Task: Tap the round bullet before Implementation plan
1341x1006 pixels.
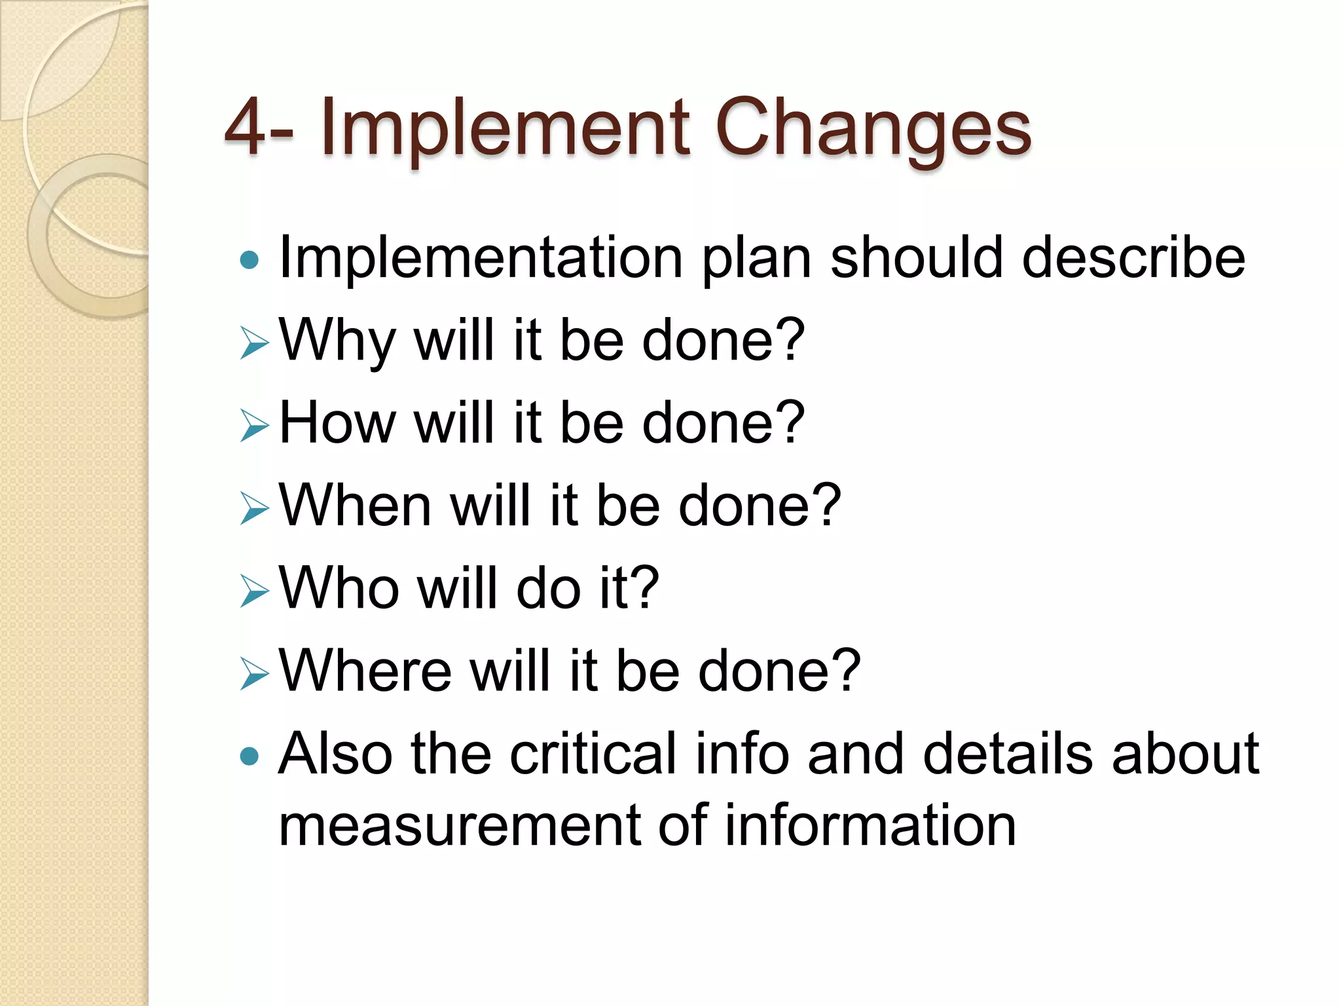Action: click(x=249, y=260)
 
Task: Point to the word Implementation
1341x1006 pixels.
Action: click(x=481, y=258)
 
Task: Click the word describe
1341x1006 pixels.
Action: click(x=1133, y=258)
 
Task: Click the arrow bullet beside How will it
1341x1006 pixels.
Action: click(x=254, y=426)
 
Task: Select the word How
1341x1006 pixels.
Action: click(x=338, y=424)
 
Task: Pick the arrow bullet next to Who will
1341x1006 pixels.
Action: click(x=254, y=591)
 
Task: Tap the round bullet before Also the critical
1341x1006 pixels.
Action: click(x=249, y=757)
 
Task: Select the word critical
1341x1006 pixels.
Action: click(x=593, y=754)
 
